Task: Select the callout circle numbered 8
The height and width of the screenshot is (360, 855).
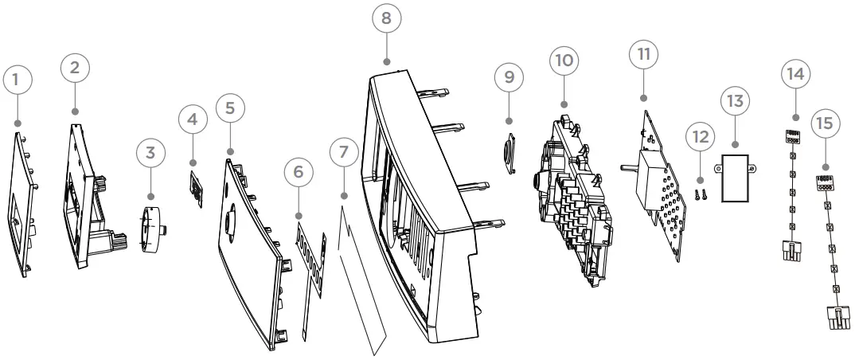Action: [386, 18]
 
